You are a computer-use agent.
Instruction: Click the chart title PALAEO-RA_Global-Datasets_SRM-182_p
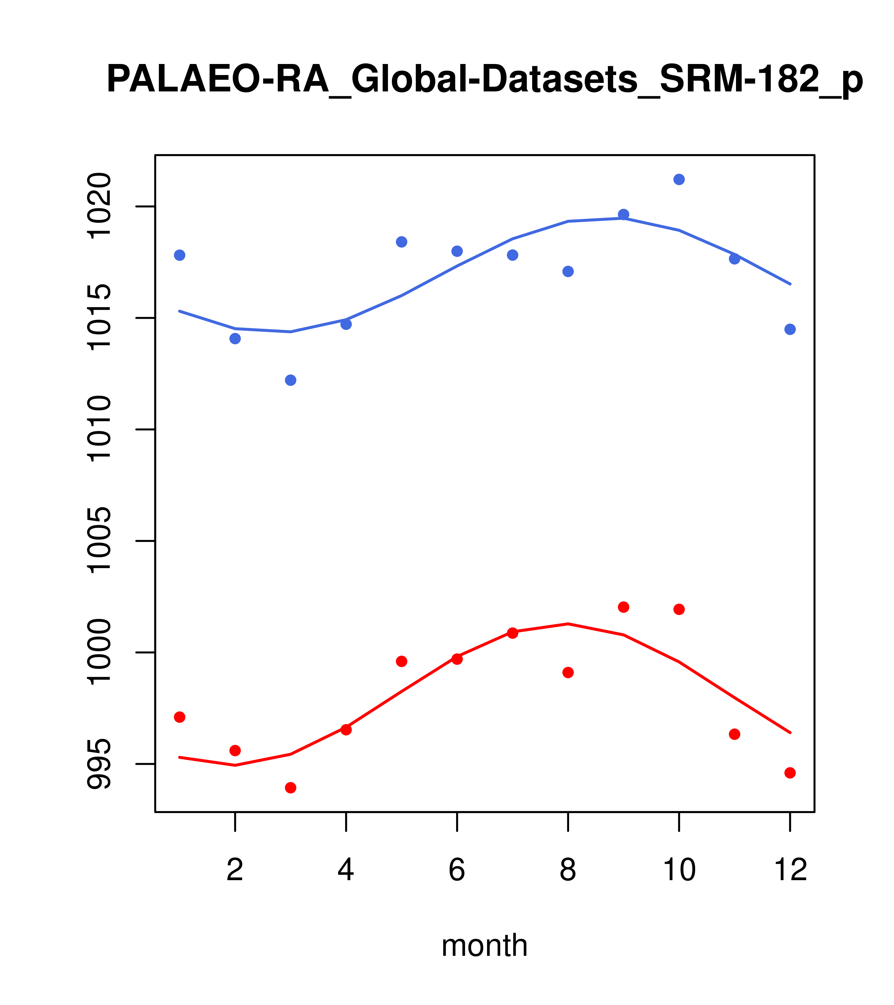[484, 80]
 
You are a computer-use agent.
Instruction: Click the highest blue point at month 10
[679, 179]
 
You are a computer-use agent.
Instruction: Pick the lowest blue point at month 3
[291, 380]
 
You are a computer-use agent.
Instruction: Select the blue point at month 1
[179, 255]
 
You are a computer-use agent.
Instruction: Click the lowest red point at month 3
[291, 788]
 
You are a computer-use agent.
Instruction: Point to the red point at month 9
[623, 607]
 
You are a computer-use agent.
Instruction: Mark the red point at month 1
[179, 717]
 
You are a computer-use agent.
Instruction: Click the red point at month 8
[568, 673]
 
